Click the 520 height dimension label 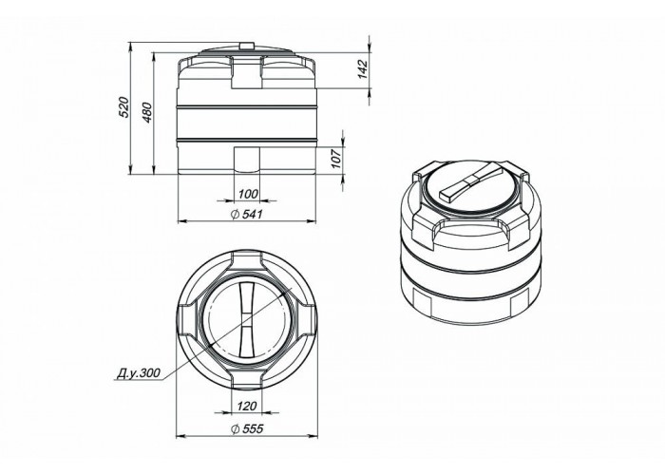(123, 107)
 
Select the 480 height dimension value (146, 112)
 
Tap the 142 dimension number (362, 69)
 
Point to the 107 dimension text (336, 159)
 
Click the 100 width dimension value (248, 194)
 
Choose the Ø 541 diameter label (247, 214)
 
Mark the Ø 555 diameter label (247, 428)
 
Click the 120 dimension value (247, 407)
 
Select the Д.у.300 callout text (139, 372)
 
